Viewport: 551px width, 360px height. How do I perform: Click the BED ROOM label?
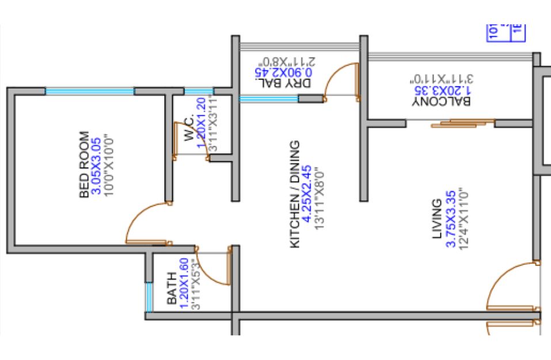pyautogui.click(x=84, y=165)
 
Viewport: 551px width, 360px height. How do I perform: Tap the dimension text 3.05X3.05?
pyautogui.click(x=97, y=165)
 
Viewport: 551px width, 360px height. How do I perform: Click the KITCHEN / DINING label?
pyautogui.click(x=295, y=195)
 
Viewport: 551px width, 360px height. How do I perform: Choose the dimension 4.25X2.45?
pyautogui.click(x=307, y=195)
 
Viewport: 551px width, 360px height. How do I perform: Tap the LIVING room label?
pyautogui.click(x=438, y=219)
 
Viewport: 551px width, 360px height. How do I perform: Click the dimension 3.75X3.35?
pyautogui.click(x=451, y=219)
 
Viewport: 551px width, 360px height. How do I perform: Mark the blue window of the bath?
pyautogui.click(x=149, y=297)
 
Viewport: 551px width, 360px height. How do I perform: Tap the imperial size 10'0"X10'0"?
pyautogui.click(x=109, y=165)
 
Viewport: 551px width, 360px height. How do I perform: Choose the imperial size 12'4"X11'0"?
pyautogui.click(x=462, y=219)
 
